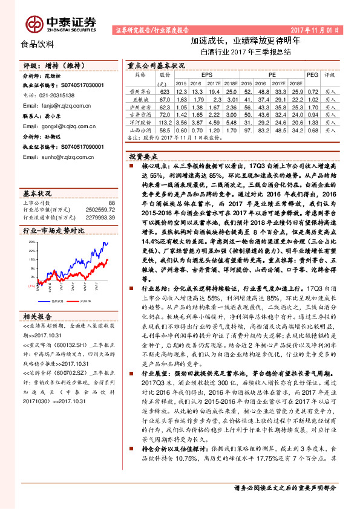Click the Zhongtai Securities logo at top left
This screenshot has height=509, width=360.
(x=61, y=23)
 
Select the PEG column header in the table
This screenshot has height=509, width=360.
(x=312, y=74)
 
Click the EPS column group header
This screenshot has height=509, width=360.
(x=197, y=74)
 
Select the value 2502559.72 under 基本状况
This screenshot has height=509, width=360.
(x=98, y=209)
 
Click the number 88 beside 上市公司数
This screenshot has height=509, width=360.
(x=110, y=203)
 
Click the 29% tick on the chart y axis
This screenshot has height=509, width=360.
(x=32, y=241)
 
